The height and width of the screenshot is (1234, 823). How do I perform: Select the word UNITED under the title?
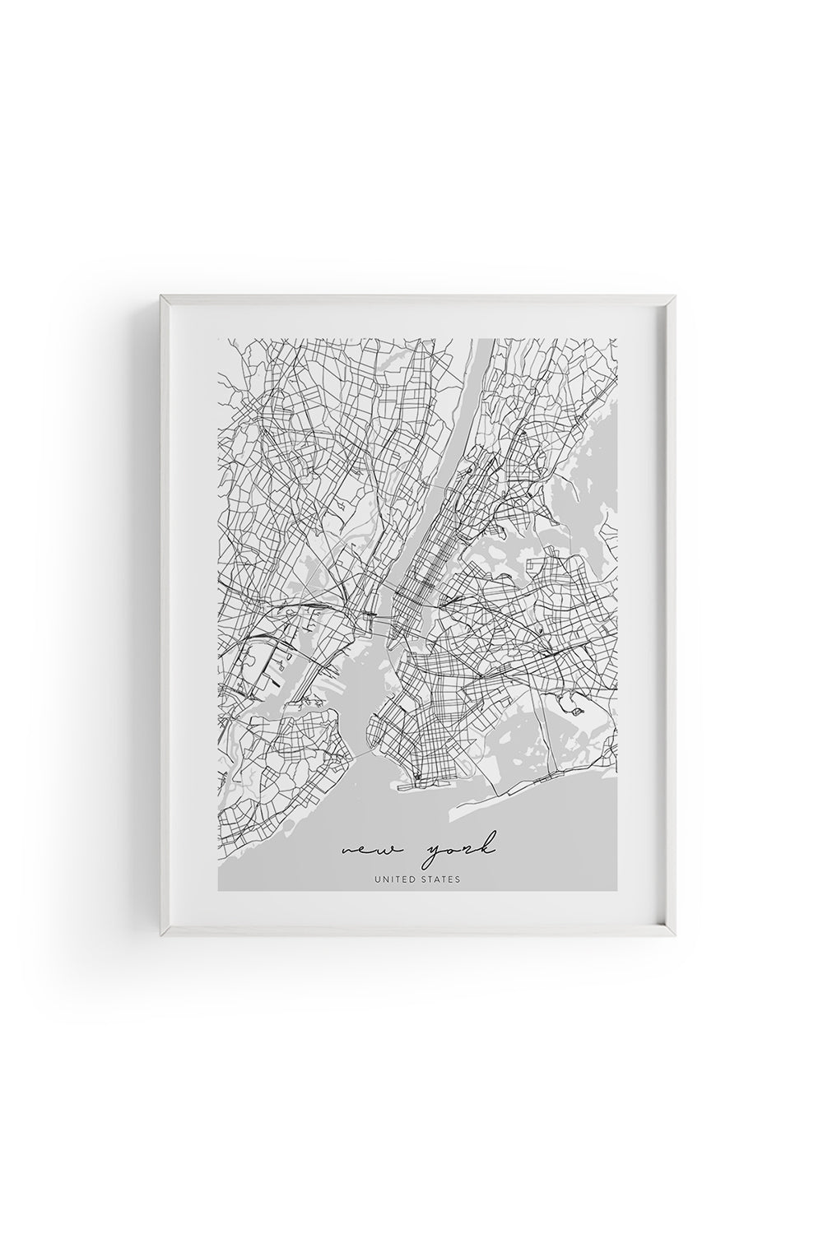click(394, 879)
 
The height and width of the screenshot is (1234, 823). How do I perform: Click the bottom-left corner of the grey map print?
click(218, 891)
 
